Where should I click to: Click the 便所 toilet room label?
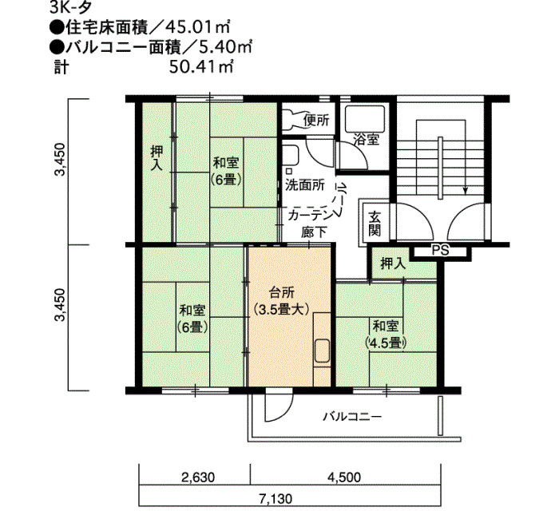(x=316, y=121)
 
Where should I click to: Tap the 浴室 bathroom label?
(x=366, y=139)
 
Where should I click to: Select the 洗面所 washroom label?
(x=305, y=185)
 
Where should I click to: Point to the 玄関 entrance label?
(x=375, y=224)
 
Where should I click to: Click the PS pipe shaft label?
(x=441, y=250)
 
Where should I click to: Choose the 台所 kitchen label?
(x=282, y=293)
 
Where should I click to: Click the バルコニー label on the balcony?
(x=352, y=416)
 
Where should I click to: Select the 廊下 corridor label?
(x=314, y=232)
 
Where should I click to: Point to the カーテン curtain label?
(x=310, y=216)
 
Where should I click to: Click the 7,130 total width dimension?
(x=276, y=499)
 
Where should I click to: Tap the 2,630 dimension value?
(x=198, y=477)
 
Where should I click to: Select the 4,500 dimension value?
(x=344, y=477)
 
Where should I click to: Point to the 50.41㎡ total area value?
(x=201, y=66)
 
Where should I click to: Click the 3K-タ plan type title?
(x=71, y=8)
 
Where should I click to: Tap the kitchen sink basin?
(x=322, y=351)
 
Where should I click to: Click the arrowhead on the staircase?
(x=465, y=191)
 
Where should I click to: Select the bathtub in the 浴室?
(x=365, y=119)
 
